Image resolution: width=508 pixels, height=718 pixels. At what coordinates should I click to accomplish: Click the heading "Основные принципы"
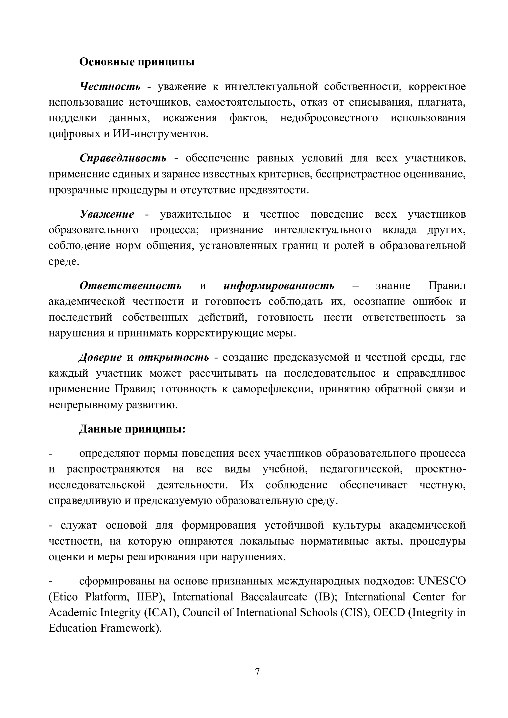137,62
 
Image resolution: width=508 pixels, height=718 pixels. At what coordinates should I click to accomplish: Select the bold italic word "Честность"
110,86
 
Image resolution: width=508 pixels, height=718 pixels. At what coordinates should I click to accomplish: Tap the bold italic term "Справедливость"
123,158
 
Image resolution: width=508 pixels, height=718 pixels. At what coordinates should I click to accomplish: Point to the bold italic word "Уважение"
107,214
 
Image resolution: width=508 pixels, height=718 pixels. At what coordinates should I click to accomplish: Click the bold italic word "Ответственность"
130,285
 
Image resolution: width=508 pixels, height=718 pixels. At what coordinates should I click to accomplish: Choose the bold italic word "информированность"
279,285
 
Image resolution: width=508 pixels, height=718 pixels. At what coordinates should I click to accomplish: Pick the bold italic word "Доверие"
100,357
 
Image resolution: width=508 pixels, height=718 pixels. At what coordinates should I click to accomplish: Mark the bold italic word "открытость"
174,357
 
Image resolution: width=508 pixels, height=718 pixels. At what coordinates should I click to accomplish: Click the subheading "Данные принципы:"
132,429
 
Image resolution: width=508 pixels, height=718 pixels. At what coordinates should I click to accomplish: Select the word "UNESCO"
442,581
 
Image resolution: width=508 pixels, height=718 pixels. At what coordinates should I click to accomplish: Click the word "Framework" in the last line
128,628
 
